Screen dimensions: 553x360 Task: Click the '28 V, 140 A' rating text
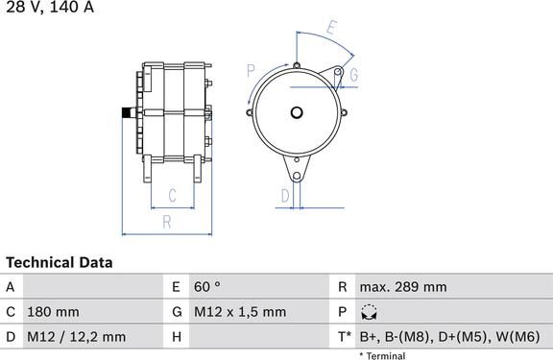[x=50, y=7]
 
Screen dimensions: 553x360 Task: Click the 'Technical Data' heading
[x=60, y=263]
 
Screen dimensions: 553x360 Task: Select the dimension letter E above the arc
[x=331, y=27]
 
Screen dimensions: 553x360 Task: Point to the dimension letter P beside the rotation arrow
[x=251, y=71]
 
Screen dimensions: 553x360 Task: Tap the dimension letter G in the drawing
[x=353, y=75]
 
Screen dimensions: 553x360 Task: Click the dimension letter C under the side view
[x=172, y=195]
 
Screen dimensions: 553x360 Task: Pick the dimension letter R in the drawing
[x=167, y=222]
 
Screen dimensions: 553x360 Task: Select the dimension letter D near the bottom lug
[x=285, y=196]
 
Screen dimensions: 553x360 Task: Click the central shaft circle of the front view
[x=297, y=113]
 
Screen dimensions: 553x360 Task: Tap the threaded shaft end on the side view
[x=129, y=113]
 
